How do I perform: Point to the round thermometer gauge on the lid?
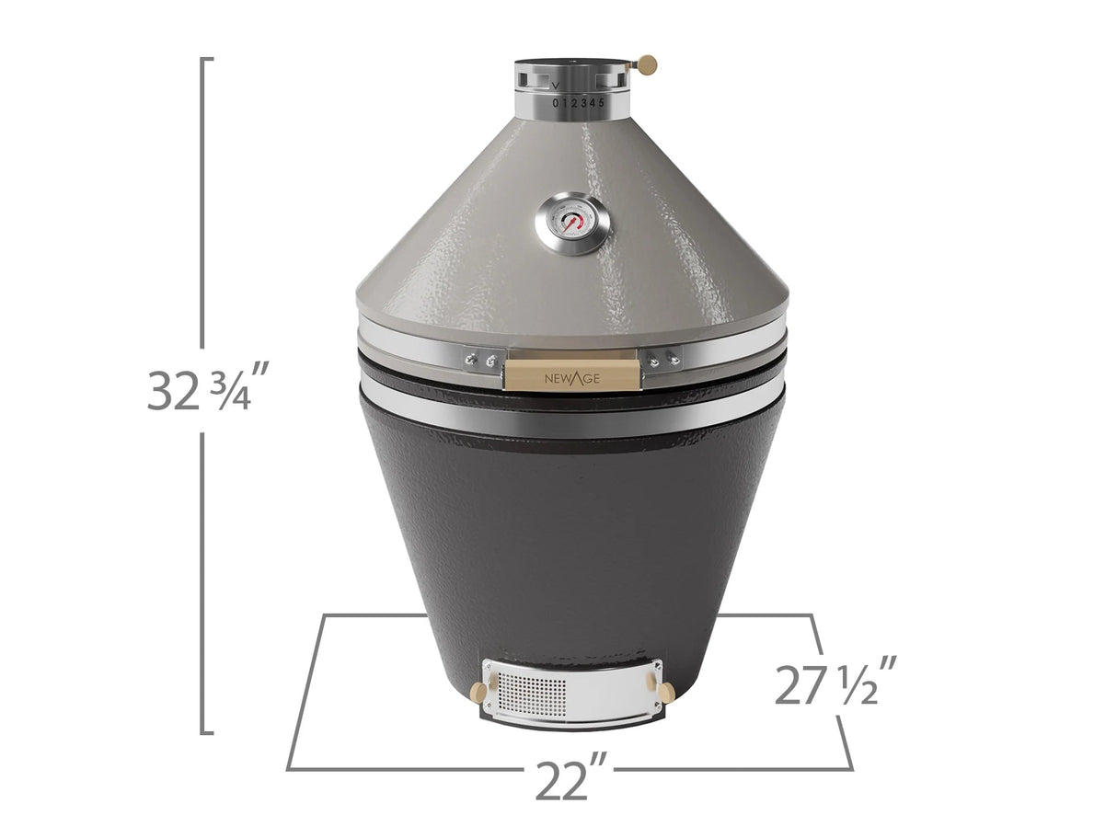[x=572, y=223]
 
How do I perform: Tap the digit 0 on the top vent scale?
[x=555, y=103]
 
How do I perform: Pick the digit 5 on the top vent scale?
[x=602, y=102]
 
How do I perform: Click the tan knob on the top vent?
[x=647, y=63]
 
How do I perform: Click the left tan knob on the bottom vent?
[x=478, y=691]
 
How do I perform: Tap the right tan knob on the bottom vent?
[x=665, y=690]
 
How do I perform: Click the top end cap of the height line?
[x=208, y=60]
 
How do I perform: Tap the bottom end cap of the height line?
[x=208, y=733]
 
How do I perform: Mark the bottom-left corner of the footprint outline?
[x=289, y=768]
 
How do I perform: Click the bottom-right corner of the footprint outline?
[x=852, y=768]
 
